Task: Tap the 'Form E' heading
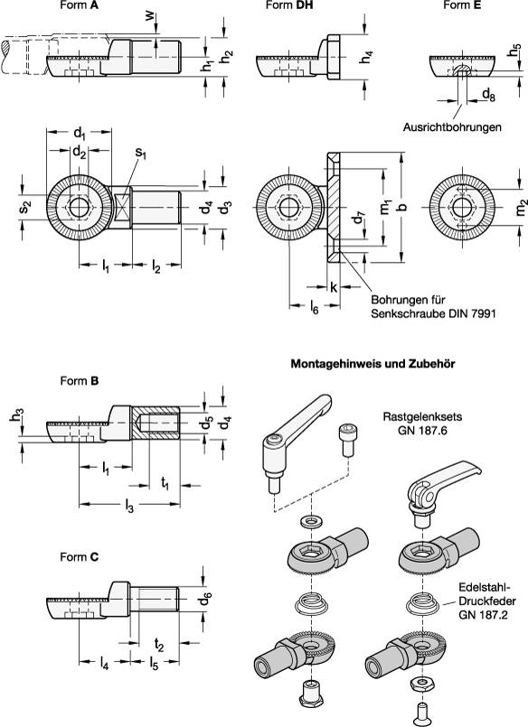point(461,6)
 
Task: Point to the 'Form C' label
point(80,557)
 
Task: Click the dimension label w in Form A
point(149,19)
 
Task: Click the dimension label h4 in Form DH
point(364,56)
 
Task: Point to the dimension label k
point(334,286)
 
